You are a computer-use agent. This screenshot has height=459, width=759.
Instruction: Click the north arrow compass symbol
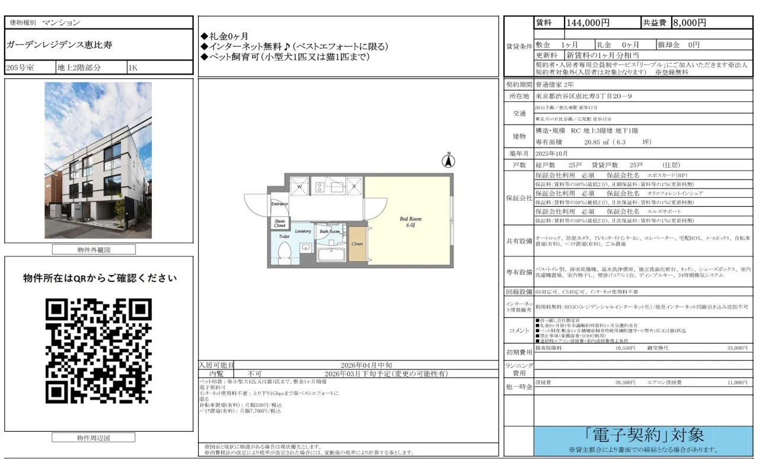(x=449, y=160)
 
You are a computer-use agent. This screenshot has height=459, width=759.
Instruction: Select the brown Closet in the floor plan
(x=357, y=243)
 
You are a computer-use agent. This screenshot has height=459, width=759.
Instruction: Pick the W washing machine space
(x=300, y=187)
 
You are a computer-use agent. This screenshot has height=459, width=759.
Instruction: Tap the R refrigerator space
(x=353, y=187)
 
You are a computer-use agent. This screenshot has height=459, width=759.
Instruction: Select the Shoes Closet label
(x=280, y=223)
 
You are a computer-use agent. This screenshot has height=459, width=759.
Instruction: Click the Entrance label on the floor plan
(x=279, y=204)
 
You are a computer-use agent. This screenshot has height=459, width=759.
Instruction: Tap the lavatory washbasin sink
(x=305, y=247)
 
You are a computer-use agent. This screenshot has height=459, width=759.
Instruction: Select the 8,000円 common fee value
(x=689, y=23)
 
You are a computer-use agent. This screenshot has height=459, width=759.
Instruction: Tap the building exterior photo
(x=98, y=160)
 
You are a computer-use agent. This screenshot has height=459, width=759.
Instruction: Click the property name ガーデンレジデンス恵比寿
(x=59, y=45)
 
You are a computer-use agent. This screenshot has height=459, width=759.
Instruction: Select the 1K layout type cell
(x=133, y=68)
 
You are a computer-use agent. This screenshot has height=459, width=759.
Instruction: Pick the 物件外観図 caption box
(x=94, y=250)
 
